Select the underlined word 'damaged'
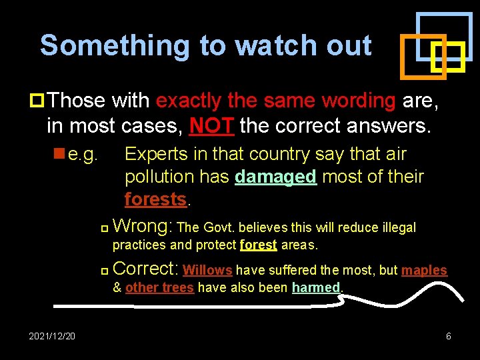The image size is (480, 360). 275,177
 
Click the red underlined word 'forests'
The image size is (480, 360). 156,199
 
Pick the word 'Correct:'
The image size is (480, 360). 145,269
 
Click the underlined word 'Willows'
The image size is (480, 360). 207,270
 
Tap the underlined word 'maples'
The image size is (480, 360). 424,270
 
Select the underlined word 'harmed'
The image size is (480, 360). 316,288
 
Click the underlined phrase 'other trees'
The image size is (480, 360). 159,288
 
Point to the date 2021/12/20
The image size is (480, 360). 52,336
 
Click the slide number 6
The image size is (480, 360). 448,336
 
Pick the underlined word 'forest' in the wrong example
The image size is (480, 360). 258,245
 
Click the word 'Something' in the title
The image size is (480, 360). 115,45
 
